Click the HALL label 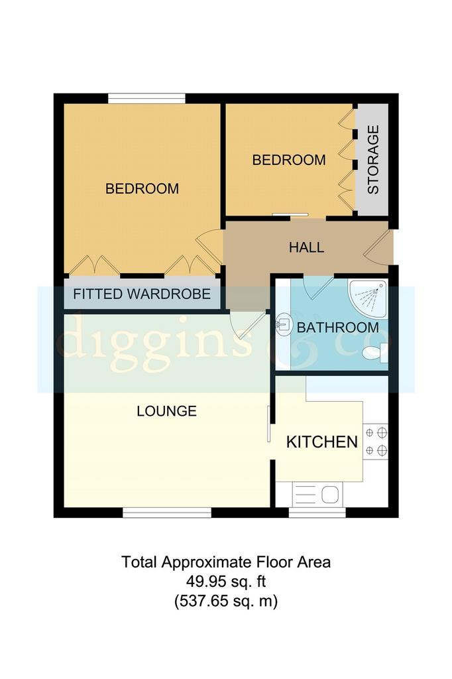pos(307,248)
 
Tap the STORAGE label pos(372,159)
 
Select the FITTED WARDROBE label pos(142,294)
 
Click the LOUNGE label pos(167,411)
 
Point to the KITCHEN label pos(322,442)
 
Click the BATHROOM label pos(338,328)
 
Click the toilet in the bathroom pos(375,351)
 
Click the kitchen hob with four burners pos(375,442)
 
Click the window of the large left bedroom pos(146,99)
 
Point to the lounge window pos(167,513)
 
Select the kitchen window pos(317,513)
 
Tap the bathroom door pos(317,287)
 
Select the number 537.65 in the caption pos(204,601)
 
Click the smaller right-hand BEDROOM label pos(289,160)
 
